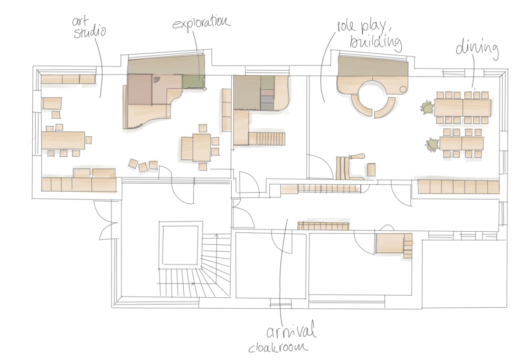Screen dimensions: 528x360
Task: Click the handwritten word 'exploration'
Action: (201, 23)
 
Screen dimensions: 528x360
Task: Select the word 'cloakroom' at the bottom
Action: (278, 347)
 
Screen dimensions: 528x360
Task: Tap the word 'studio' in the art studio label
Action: (90, 32)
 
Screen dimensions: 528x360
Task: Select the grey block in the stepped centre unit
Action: (267, 103)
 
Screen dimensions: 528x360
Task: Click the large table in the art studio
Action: (63, 140)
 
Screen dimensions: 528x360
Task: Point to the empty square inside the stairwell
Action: (180, 245)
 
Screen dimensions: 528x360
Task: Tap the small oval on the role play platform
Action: (403, 90)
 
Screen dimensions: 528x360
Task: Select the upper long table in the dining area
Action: (463, 108)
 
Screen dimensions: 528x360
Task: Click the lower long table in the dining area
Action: (461, 144)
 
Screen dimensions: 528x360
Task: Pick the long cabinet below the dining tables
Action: (458, 186)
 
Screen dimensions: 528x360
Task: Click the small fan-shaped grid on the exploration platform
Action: (157, 80)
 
